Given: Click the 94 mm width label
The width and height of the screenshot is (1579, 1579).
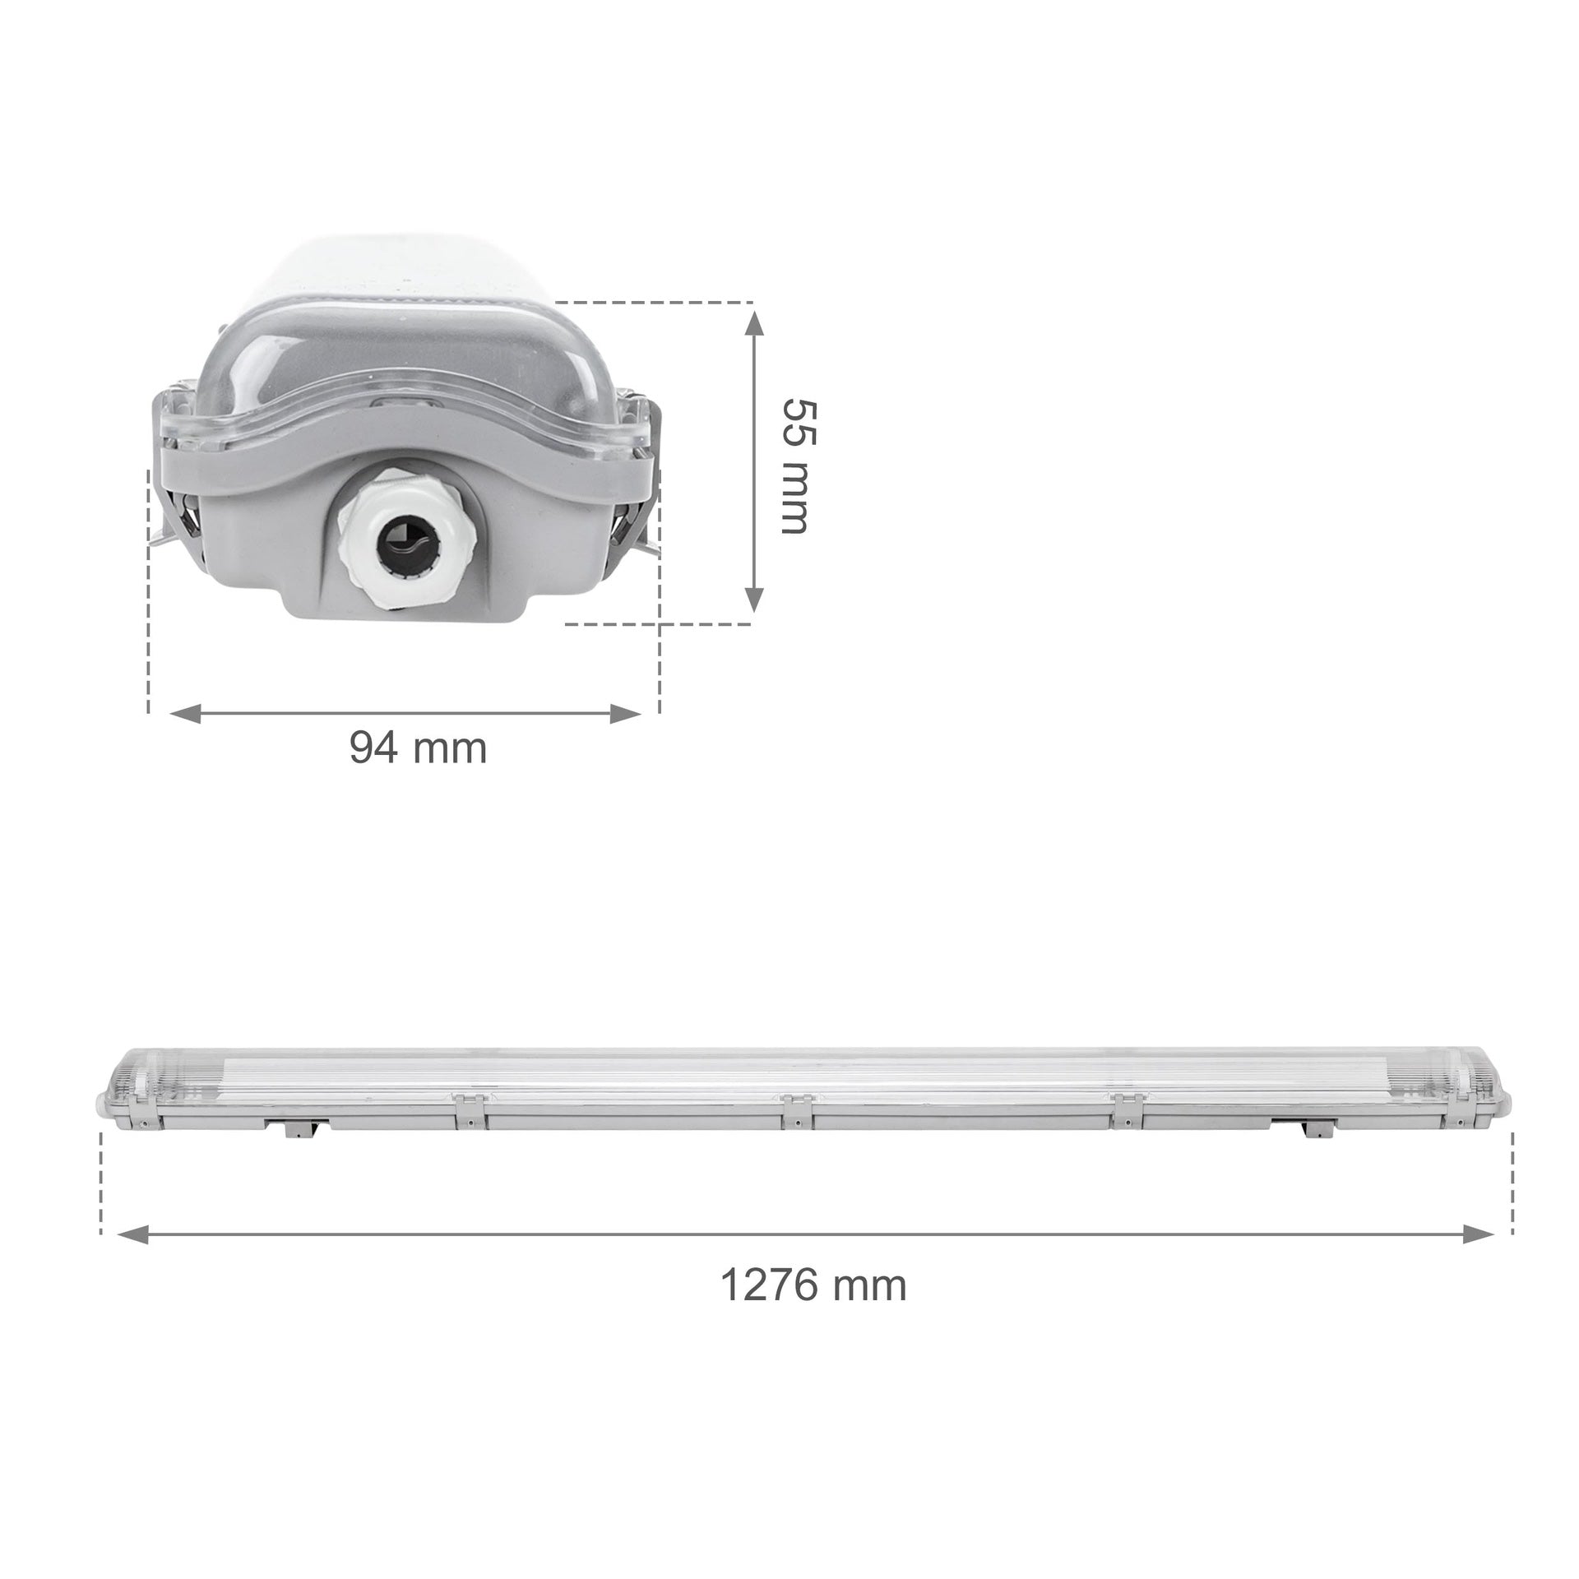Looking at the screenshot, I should (x=418, y=748).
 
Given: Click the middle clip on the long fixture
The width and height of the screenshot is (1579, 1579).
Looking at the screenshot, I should (x=794, y=1109).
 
